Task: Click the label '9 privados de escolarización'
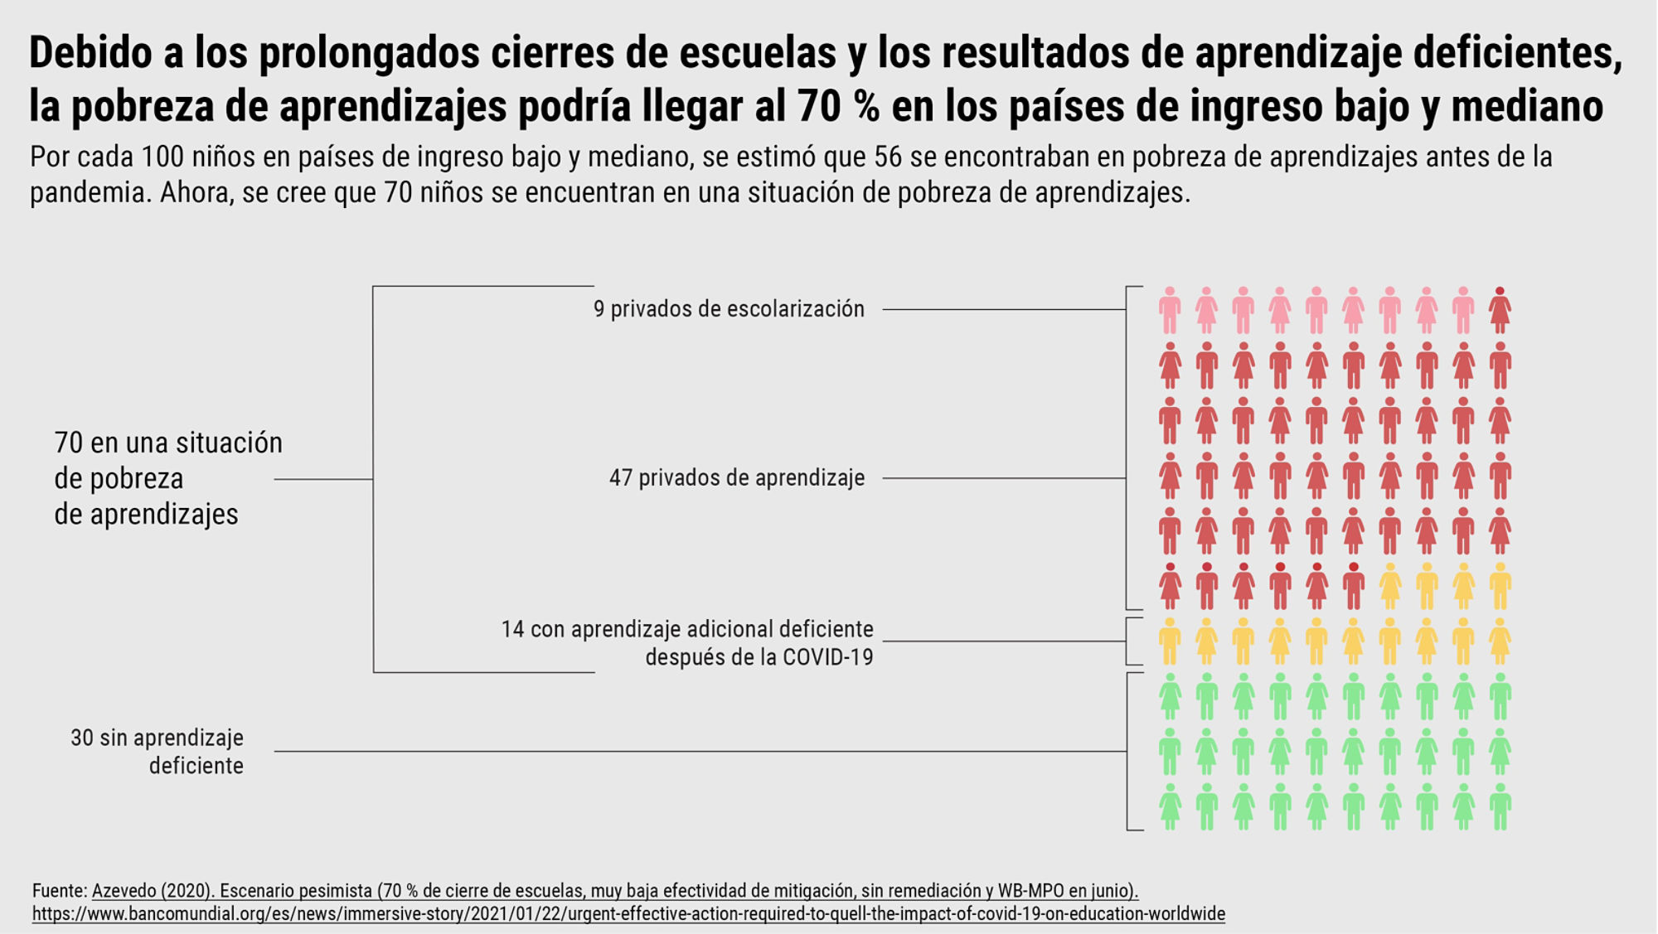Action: [729, 309]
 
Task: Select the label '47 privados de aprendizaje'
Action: [737, 478]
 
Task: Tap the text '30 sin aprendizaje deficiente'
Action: [158, 752]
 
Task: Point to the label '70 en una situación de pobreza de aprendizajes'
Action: [168, 478]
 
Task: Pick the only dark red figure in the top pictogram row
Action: [1500, 310]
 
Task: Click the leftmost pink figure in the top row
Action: [1170, 310]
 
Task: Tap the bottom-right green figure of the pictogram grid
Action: [1500, 806]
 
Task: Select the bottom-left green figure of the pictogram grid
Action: [1170, 806]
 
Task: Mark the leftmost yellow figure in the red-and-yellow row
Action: [1390, 586]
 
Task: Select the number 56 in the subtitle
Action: [887, 157]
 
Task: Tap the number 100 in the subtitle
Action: [166, 157]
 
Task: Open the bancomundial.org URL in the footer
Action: [628, 914]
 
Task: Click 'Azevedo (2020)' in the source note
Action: [150, 891]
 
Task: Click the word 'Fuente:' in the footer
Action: [60, 891]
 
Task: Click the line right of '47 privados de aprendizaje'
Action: [1003, 478]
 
